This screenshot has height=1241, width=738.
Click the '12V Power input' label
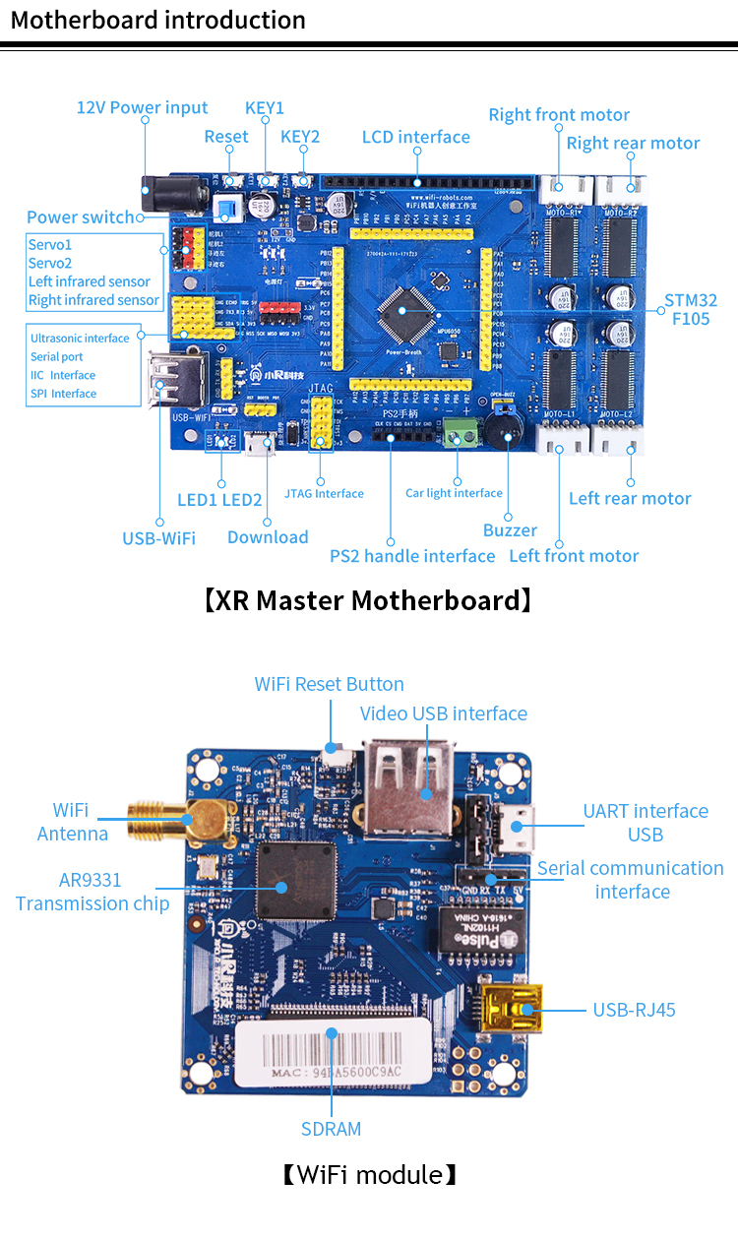[142, 107]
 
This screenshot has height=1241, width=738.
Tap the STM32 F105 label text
[691, 309]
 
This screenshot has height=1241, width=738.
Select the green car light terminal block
[458, 431]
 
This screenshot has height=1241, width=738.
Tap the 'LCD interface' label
[415, 137]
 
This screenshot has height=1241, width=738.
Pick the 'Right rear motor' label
[633, 143]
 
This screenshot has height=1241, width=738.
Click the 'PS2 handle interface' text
[412, 556]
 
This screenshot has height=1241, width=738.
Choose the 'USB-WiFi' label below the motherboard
[158, 538]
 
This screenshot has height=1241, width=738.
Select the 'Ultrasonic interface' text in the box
[80, 339]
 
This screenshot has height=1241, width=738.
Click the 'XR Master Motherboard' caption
[368, 600]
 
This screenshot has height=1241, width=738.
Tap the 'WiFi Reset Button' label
[329, 684]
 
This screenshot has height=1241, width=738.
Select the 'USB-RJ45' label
[634, 1010]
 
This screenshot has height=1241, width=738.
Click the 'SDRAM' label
[331, 1129]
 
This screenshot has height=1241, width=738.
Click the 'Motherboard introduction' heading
[157, 20]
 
